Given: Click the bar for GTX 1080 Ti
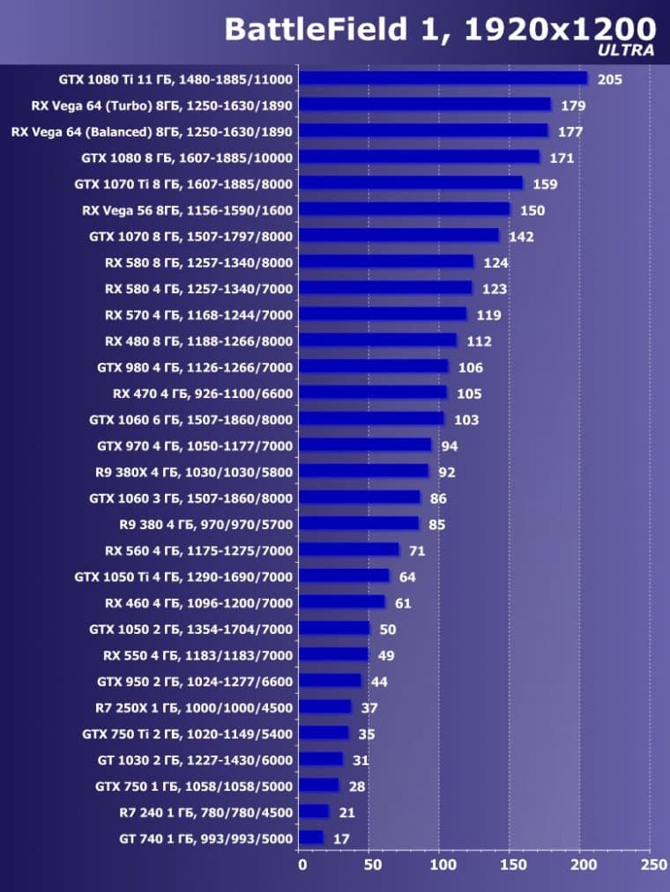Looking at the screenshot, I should pos(443,78).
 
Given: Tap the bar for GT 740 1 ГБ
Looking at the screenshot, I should pos(311,837).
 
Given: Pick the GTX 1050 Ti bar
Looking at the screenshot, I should pos(344,576).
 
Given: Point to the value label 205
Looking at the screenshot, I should pos(609,79).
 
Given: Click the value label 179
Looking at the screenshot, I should pos(573,106).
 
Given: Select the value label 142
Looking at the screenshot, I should pos(520,236).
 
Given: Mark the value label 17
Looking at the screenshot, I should pos(341,838).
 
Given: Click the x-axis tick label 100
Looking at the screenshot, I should pos(441,865).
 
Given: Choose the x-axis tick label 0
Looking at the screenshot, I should pos(302,865).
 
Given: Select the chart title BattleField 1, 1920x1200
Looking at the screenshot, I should pos(440,28).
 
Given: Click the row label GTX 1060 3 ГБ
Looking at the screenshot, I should pos(191,498).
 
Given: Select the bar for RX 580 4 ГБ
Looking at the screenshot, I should pos(385,288).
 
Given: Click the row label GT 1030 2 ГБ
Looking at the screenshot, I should pos(195,759).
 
